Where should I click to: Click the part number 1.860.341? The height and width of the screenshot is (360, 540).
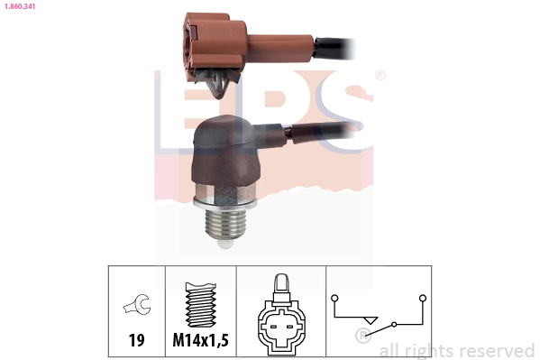22,5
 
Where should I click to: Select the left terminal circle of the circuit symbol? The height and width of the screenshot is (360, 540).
334,297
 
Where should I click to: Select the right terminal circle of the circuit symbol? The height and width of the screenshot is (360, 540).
421,297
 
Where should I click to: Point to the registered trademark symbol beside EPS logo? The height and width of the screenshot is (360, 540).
380,76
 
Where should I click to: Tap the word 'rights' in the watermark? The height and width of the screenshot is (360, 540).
427,350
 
